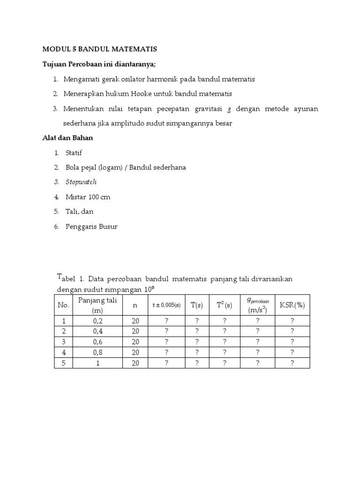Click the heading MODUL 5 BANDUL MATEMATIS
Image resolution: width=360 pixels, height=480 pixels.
(x=100, y=49)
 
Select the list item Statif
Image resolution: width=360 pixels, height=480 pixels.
(x=74, y=153)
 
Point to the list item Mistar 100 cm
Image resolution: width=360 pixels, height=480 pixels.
(x=88, y=197)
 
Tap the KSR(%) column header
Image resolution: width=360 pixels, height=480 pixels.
(x=292, y=305)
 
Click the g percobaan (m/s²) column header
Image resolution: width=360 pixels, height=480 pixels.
(x=257, y=305)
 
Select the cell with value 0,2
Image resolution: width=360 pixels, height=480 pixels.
(x=97, y=321)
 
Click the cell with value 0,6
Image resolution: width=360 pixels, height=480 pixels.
(x=97, y=342)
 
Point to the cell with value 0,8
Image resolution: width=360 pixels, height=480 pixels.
(x=97, y=352)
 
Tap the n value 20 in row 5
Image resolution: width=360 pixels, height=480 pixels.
(x=135, y=363)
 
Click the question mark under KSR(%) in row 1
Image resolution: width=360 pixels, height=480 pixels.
(x=292, y=321)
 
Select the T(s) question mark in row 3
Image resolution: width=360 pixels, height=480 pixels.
(x=197, y=342)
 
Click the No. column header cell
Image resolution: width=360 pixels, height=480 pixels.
(x=63, y=305)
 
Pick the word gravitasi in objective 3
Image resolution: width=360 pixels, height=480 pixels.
(x=206, y=109)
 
